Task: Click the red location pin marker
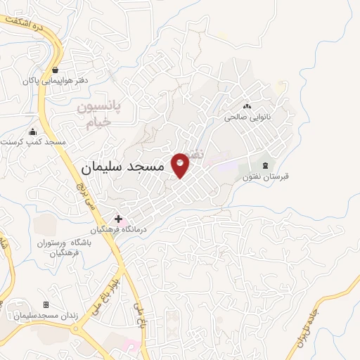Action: pos(181,165)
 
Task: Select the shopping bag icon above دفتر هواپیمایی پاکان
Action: pos(55,70)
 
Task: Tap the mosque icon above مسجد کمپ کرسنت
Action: pos(32,131)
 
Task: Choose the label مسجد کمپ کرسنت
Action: pos(34,142)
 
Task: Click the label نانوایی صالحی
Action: pos(247,117)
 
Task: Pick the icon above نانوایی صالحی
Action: pos(247,105)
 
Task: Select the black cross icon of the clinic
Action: pos(118,219)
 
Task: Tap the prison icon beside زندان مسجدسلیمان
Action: pos(46,304)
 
